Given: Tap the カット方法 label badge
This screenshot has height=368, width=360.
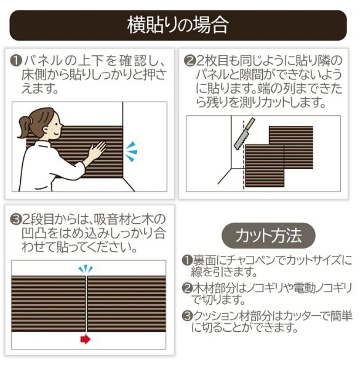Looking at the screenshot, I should coord(268,235).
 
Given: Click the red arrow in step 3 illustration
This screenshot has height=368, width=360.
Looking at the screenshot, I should coord(86,339).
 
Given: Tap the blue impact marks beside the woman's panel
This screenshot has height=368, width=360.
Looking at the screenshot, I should coord(131,150).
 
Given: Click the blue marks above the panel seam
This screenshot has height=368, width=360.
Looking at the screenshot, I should coord(86,269).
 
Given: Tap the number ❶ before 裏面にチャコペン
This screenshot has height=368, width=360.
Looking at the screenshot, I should coord(187,261).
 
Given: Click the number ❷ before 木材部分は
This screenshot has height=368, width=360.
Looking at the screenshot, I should coord(187,288).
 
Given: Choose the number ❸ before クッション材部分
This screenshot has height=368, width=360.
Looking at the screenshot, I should coord(187,316).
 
